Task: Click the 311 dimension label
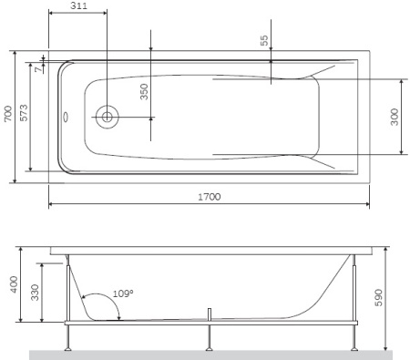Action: point(78,6)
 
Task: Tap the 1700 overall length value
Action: point(210,197)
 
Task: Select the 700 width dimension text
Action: point(8,114)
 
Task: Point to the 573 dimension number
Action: point(24,113)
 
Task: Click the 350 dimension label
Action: point(144,91)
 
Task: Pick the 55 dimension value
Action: point(264,40)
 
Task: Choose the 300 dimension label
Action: point(395,117)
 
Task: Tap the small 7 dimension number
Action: point(38,69)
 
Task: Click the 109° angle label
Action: point(123,293)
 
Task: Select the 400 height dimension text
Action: point(14,284)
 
